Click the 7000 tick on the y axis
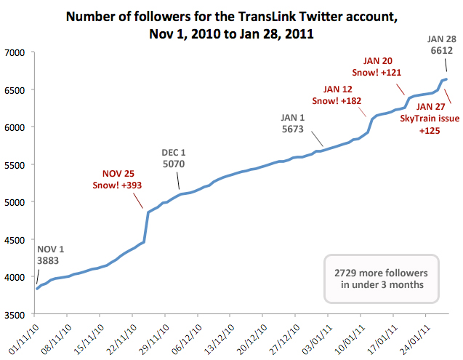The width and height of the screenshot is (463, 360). tap(15, 52)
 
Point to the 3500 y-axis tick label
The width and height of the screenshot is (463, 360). tap(15, 314)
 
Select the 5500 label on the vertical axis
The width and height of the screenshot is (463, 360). tap(15, 165)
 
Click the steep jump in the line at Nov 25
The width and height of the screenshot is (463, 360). tap(146, 225)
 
